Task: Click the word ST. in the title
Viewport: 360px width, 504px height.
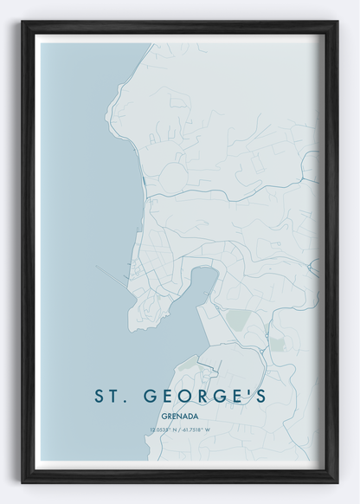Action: (x=112, y=396)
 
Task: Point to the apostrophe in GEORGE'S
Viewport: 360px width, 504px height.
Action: (x=247, y=391)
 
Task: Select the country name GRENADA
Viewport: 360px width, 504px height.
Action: (x=179, y=415)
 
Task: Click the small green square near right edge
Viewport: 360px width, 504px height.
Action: (x=277, y=344)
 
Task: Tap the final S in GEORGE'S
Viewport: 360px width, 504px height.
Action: (x=259, y=396)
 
